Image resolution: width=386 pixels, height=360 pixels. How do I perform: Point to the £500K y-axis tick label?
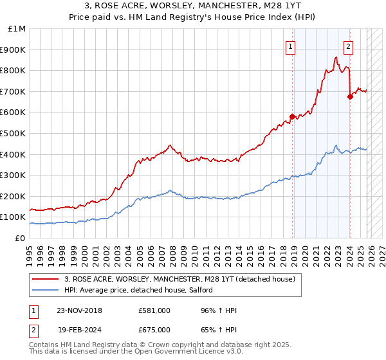click(x=14, y=134)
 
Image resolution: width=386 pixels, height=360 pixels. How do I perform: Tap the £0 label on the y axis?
click(x=20, y=239)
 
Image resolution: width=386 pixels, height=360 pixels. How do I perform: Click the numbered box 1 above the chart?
click(x=291, y=46)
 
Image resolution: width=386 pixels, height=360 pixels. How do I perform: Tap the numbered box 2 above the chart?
click(x=348, y=46)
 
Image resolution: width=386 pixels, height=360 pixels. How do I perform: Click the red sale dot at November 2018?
click(x=292, y=116)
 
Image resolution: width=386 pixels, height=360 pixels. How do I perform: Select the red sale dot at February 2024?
click(x=350, y=97)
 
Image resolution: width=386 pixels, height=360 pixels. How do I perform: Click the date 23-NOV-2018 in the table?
click(x=79, y=310)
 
